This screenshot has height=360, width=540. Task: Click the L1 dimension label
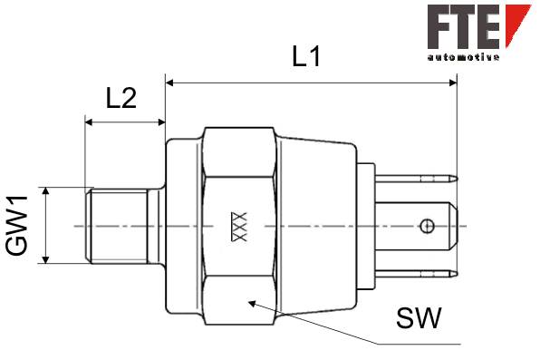(x=306, y=56)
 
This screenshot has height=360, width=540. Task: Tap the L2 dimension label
(x=121, y=98)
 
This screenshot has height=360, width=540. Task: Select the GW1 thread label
(x=16, y=226)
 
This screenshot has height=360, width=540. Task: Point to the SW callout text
(x=419, y=318)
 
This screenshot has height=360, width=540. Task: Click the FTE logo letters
(x=464, y=26)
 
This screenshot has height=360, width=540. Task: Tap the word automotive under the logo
(x=463, y=57)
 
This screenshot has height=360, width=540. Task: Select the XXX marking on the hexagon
(x=239, y=227)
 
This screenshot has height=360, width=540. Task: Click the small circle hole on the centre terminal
(x=427, y=226)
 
